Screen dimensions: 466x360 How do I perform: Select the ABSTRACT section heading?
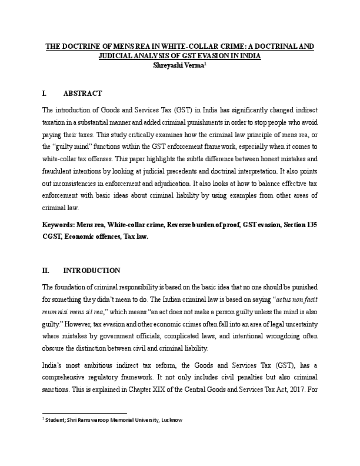tap(82, 94)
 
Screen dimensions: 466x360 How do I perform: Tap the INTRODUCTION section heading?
tap(91, 271)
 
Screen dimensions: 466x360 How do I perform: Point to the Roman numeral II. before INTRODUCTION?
tap(46, 271)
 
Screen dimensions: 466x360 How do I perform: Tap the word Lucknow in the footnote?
tap(169, 420)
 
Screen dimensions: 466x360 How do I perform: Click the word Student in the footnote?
tap(57, 420)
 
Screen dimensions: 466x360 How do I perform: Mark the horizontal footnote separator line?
tap(85, 413)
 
